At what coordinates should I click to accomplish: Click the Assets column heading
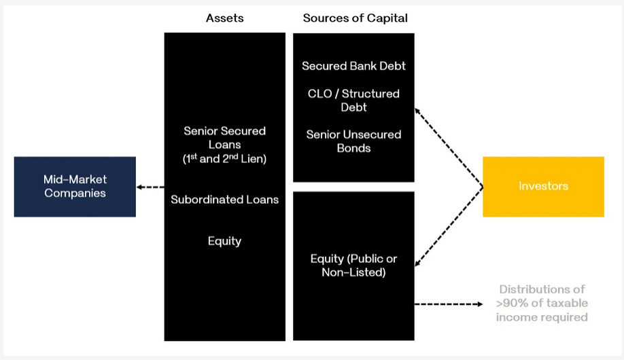click(224, 18)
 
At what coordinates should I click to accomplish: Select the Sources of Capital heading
click(355, 18)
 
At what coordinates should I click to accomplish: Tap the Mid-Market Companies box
click(75, 187)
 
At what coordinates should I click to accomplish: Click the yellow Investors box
click(543, 187)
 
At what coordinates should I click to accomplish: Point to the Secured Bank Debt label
click(353, 66)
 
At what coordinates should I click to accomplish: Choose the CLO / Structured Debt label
click(353, 101)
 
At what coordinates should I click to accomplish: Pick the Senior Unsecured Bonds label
click(353, 141)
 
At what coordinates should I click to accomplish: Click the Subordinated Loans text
click(224, 200)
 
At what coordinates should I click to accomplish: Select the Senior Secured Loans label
click(224, 137)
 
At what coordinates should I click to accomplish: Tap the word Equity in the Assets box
click(224, 241)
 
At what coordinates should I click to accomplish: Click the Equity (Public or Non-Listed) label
click(353, 266)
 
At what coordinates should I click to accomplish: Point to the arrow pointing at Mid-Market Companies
click(150, 187)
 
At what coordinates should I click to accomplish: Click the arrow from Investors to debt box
click(449, 147)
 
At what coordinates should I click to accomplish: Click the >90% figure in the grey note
click(510, 303)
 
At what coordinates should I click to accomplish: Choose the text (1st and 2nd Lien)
click(224, 158)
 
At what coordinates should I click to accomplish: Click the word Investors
click(543, 186)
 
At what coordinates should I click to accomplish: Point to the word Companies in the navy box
click(75, 193)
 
